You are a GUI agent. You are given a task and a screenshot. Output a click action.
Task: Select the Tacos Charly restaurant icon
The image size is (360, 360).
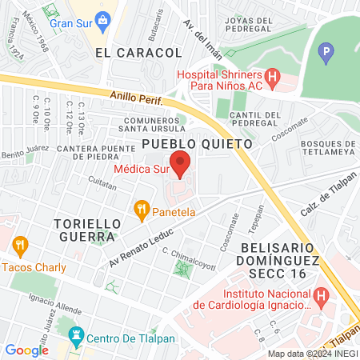click(21, 245)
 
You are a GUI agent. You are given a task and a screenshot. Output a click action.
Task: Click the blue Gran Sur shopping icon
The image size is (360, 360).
click(101, 19)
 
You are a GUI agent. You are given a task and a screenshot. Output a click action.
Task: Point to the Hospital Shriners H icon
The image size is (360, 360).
click(272, 78)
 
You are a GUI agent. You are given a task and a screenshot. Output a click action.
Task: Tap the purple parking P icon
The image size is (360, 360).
click(325, 54)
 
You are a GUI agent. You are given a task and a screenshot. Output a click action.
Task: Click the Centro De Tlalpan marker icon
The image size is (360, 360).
click(77, 335)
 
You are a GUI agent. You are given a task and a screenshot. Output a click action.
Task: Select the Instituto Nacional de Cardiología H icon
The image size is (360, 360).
click(321, 296)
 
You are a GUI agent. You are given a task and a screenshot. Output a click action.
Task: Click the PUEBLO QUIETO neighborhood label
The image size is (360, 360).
click(197, 144)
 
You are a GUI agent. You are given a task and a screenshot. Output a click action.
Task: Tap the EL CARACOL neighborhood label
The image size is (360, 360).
click(138, 52)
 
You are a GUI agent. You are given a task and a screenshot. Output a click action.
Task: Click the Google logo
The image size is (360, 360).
click(26, 350)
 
